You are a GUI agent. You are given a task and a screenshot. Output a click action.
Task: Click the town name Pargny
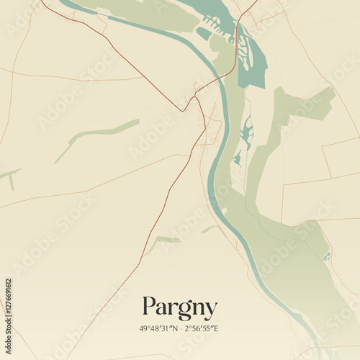point(179,308)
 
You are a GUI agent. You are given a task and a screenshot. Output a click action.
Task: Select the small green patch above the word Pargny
point(168,239)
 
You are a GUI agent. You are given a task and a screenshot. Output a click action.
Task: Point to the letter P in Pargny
point(149,307)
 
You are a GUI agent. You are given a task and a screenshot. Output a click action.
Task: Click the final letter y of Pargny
point(210,310)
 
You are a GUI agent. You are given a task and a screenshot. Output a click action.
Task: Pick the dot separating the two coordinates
point(180,329)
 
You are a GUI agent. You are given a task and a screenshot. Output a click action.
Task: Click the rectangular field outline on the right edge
point(338,158)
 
